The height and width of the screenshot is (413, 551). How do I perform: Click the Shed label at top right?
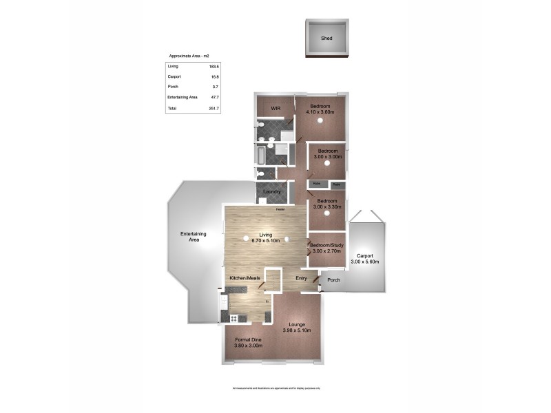pos(326,39)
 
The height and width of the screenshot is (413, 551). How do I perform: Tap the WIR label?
pos(275,109)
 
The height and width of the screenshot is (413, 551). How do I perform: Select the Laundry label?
pos(271,191)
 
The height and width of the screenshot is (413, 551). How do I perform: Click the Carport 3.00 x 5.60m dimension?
pos(365,262)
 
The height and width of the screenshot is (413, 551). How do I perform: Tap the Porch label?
pos(334,280)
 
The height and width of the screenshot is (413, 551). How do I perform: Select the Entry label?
pos(301,278)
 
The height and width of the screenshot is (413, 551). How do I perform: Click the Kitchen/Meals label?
pos(245,278)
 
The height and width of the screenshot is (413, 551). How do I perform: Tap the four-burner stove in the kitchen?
pos(233,318)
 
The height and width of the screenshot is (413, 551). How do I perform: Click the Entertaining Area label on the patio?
pos(194,237)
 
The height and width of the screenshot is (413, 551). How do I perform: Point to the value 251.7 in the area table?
pos(214,109)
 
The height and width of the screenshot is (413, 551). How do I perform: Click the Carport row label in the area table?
pos(174,76)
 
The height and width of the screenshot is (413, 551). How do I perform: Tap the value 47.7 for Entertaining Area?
pos(214,98)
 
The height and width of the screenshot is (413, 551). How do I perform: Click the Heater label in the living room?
pos(280,209)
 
